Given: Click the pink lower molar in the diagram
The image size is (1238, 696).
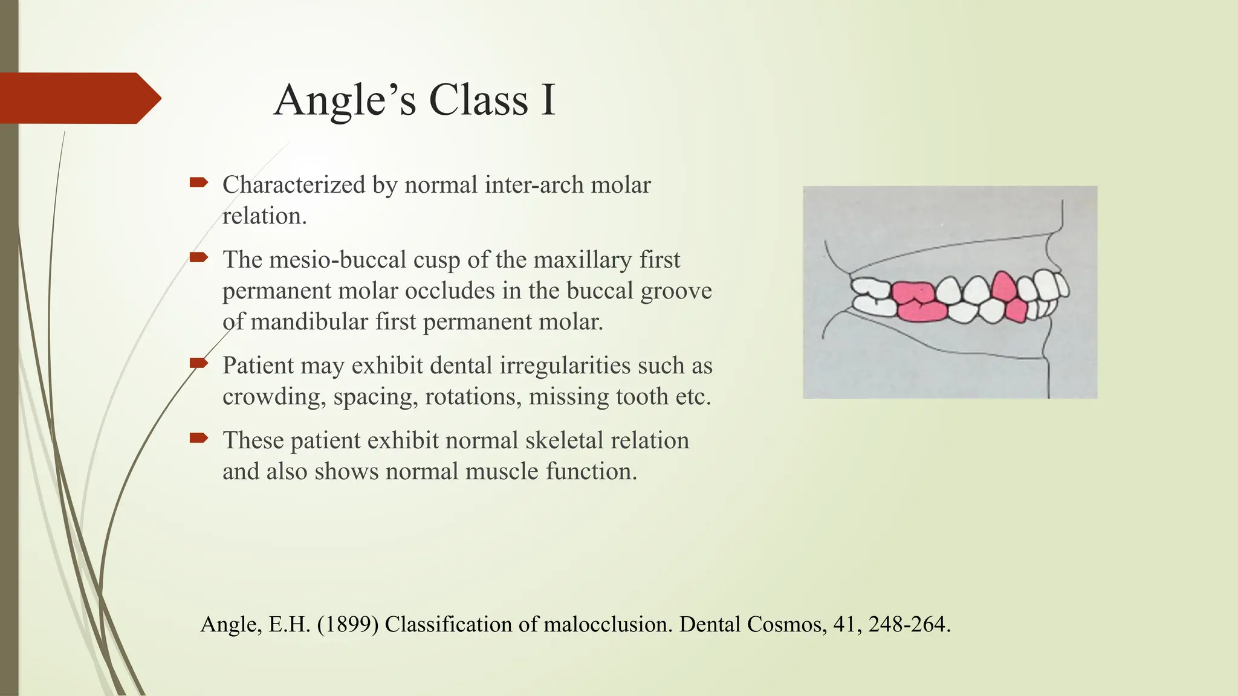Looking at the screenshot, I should pyautogui.click(x=921, y=312).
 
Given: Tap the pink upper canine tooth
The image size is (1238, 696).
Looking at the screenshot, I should pyautogui.click(x=1003, y=286).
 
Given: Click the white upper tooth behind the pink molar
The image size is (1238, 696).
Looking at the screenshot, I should pyautogui.click(x=870, y=288).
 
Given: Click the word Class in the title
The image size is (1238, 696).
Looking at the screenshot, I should pyautogui.click(x=478, y=100).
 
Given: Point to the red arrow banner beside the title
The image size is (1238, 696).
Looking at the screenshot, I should pyautogui.click(x=79, y=98).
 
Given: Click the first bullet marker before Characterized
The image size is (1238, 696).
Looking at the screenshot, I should pyautogui.click(x=199, y=182).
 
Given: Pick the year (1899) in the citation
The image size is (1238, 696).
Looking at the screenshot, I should pyautogui.click(x=348, y=624).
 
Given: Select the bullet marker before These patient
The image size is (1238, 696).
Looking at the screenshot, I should pyautogui.click(x=199, y=437).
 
